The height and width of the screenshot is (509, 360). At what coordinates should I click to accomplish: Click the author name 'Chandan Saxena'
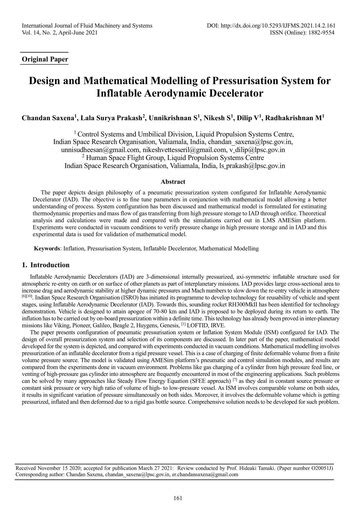tap(65, 116)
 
